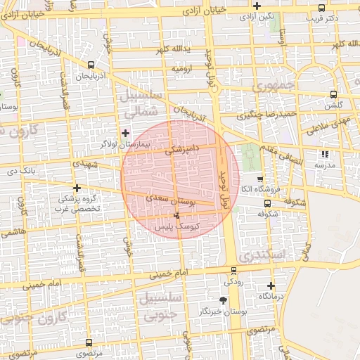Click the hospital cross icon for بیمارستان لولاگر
click(126, 133)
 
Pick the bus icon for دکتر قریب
click(321, 8)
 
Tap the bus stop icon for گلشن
click(333, 94)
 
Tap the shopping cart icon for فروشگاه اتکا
click(260, 179)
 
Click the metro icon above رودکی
click(233, 271)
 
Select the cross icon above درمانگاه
click(271, 285)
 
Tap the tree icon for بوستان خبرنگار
click(223, 301)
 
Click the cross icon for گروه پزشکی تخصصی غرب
click(77, 188)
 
